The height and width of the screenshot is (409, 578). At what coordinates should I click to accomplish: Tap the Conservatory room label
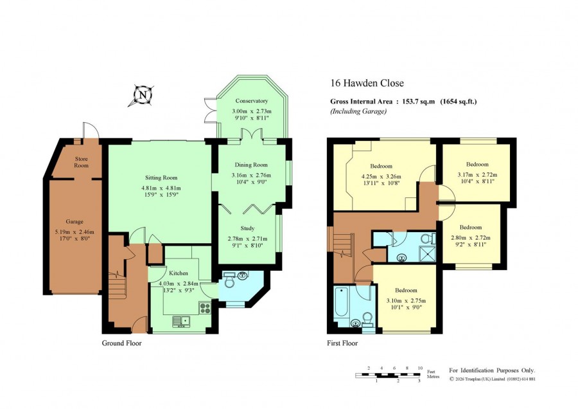pyautogui.click(x=251, y=101)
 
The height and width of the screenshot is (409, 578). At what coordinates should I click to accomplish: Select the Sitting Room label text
pyautogui.click(x=161, y=177)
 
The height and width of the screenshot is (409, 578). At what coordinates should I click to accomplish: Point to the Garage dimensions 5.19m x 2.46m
pyautogui.click(x=74, y=232)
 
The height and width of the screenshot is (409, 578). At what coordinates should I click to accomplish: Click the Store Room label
pyautogui.click(x=82, y=162)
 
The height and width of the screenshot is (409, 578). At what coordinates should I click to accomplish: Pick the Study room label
pyautogui.click(x=247, y=228)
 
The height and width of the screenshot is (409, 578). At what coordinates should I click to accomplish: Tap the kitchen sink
pyautogui.click(x=180, y=321)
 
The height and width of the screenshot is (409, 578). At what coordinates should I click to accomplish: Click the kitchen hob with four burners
pyautogui.click(x=205, y=308)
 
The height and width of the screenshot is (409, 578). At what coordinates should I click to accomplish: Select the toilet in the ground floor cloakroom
pyautogui.click(x=230, y=282)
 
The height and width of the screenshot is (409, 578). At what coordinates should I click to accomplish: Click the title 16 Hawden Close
pyautogui.click(x=367, y=84)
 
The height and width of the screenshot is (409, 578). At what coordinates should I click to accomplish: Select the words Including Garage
pyautogui.click(x=358, y=111)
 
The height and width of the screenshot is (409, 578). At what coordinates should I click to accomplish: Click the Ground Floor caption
pyautogui.click(x=121, y=343)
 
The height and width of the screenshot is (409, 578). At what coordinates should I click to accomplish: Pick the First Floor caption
pyautogui.click(x=342, y=343)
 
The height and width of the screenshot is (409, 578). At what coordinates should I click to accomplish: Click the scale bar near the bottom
pyautogui.click(x=388, y=375)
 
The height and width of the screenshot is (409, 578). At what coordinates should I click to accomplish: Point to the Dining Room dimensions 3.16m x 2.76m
pyautogui.click(x=251, y=175)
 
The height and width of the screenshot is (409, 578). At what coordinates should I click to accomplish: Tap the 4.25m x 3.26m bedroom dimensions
pyautogui.click(x=381, y=176)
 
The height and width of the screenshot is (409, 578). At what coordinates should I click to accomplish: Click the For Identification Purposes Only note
pyautogui.click(x=492, y=370)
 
